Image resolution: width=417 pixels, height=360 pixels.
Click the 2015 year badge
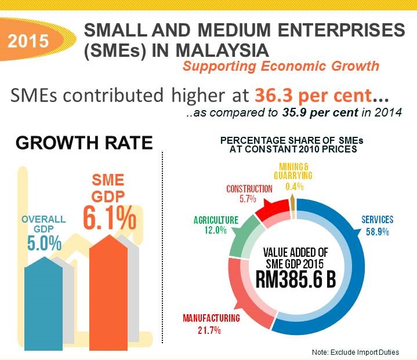pyautogui.click(x=28, y=42)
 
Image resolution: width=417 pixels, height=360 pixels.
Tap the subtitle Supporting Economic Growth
pyautogui.click(x=281, y=66)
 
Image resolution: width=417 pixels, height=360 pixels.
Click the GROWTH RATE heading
pyautogui.click(x=84, y=143)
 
